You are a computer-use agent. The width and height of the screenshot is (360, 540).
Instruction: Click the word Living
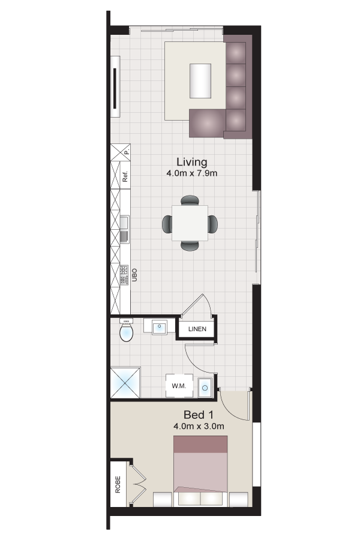pos(191,162)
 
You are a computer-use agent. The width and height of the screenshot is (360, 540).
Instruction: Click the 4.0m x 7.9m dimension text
pos(191,173)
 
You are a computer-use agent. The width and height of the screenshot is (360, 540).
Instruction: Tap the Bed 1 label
pos(199,415)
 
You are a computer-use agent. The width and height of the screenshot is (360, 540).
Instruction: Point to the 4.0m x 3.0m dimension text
pos(199,427)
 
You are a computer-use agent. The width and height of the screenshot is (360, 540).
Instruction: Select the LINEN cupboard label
pos(197,329)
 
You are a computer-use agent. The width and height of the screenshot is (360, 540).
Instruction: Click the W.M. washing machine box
pos(179,385)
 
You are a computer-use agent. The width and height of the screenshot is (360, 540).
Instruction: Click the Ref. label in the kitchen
pos(125,177)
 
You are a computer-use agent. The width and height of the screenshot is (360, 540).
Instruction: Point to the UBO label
pos(135,275)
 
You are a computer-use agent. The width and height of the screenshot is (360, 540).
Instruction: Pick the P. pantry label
pos(127,152)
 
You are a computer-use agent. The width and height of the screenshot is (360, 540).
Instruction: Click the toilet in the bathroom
pos(126,331)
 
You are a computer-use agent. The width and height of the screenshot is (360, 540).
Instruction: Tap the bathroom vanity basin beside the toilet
pos(159,328)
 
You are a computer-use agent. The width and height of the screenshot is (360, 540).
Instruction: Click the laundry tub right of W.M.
pos(205,388)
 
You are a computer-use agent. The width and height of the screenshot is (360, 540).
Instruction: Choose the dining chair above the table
pos(190,200)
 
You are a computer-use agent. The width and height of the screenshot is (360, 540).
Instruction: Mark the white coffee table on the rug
pos(201,80)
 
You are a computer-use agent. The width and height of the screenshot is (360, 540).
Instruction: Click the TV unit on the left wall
pos(115,86)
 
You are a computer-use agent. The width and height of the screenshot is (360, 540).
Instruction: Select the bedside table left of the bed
pos(163,499)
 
